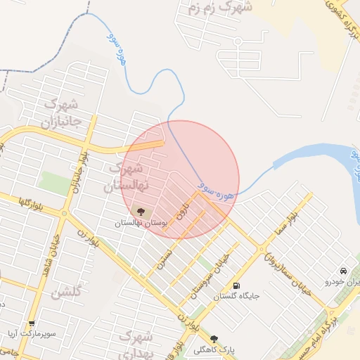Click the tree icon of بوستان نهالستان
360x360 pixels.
[x=140, y=211]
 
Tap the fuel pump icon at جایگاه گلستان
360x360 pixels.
[x=235, y=285]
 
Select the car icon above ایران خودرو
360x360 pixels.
[x=342, y=271]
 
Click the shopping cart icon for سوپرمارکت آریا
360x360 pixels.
[x=32, y=324]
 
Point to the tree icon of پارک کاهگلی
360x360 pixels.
[x=214, y=339]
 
